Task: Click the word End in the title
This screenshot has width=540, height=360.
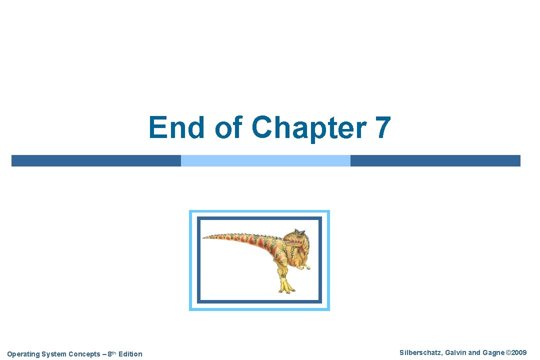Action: coord(176,127)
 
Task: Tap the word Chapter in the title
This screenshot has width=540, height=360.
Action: coord(309,127)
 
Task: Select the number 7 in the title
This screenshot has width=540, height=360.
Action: coord(382,127)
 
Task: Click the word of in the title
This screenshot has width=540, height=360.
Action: coord(230,127)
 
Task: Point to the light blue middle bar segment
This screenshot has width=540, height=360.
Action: coord(265,160)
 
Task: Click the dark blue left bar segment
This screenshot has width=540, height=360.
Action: coord(96,160)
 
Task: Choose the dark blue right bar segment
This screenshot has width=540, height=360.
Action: coord(435,160)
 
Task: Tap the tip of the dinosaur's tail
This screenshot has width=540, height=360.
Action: coord(205,236)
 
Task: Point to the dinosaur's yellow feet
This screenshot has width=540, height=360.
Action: coord(285,287)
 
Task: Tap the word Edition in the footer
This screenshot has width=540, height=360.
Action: coord(130,354)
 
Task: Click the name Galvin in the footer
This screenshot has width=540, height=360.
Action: coord(454,353)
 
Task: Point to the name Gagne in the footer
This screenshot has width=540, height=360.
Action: coord(493,353)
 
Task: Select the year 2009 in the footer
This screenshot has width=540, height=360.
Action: coord(518,353)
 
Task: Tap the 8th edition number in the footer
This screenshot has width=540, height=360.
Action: coord(111,354)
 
